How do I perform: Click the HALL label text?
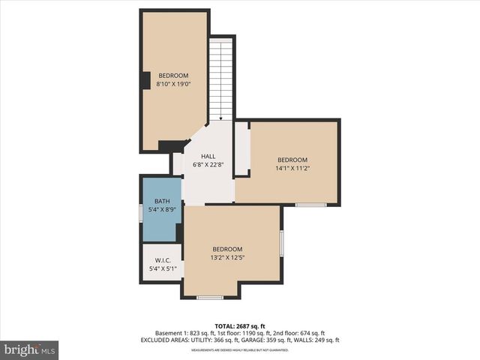(x=208, y=156)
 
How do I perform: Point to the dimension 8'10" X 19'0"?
(x=172, y=85)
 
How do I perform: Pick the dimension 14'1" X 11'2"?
(x=292, y=169)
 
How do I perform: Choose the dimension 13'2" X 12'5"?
(x=227, y=258)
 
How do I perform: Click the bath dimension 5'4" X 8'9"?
(x=163, y=210)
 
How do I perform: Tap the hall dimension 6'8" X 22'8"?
(x=208, y=164)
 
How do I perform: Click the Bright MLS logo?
(x=30, y=349)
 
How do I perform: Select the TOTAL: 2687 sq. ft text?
(x=240, y=326)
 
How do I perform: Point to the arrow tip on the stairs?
(x=220, y=118)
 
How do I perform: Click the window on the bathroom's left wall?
(x=141, y=213)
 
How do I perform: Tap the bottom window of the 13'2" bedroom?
(x=210, y=298)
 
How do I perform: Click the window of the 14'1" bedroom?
(x=310, y=204)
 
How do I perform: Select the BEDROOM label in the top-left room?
(x=172, y=76)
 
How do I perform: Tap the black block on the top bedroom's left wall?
(x=145, y=79)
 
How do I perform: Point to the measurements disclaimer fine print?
(x=240, y=350)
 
